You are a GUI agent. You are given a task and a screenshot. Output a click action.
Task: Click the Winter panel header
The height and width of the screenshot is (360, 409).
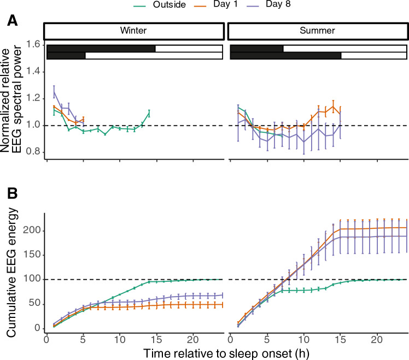[x=133, y=31]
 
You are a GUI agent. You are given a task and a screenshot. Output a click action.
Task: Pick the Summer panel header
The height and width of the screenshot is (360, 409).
[x=318, y=31]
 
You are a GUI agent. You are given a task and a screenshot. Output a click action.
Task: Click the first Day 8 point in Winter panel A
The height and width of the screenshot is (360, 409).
[x=54, y=92]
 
